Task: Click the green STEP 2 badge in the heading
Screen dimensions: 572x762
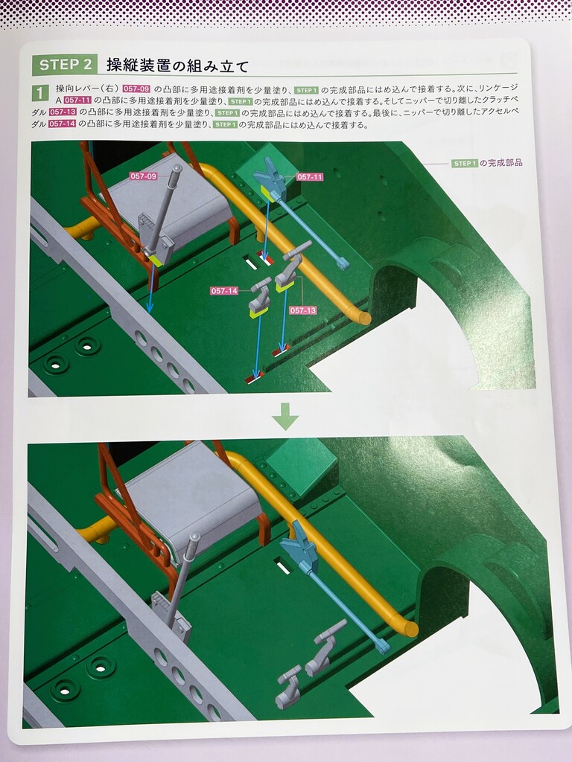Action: tap(65, 65)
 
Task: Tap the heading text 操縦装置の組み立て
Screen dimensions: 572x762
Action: tap(177, 65)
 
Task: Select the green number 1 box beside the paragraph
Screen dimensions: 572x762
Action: tap(40, 92)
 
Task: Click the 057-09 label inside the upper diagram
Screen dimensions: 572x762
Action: tap(144, 176)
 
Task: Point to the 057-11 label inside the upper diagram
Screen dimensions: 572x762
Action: tap(310, 177)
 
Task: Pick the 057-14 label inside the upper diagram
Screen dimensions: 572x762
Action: tap(224, 291)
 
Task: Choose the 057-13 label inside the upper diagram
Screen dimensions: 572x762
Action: tap(303, 310)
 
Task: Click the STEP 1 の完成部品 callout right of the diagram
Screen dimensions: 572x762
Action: tap(487, 163)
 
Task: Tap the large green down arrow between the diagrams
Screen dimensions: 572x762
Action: tap(285, 417)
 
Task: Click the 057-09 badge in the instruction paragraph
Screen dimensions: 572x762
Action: tap(136, 89)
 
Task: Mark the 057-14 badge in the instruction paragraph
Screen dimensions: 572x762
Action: tap(62, 124)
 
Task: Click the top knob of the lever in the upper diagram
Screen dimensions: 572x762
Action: tap(177, 169)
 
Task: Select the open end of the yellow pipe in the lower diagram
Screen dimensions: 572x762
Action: tap(411, 630)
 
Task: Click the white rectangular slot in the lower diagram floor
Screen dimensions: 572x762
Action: tap(282, 566)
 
